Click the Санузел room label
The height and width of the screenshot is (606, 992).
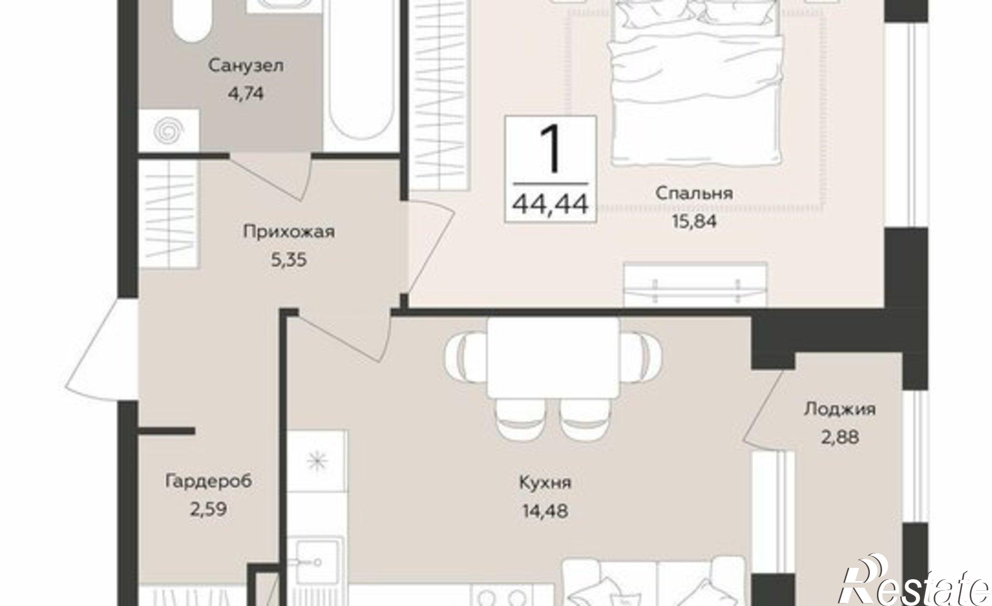[246, 66]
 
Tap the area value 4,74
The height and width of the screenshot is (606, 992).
[246, 94]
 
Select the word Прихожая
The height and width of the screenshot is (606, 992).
[289, 231]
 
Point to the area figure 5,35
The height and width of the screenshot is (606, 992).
[289, 259]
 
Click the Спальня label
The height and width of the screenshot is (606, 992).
[694, 193]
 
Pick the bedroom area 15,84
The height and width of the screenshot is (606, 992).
[694, 221]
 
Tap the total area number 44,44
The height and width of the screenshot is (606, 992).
[551, 203]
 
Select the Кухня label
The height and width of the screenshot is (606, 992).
[545, 482]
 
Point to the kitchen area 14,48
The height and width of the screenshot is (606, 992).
[545, 510]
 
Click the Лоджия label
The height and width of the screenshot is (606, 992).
[839, 409]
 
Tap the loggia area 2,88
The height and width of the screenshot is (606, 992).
[839, 438]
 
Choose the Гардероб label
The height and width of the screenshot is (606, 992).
[209, 481]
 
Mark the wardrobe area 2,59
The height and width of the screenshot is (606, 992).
[209, 509]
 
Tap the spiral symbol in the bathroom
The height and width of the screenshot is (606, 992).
[169, 130]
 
